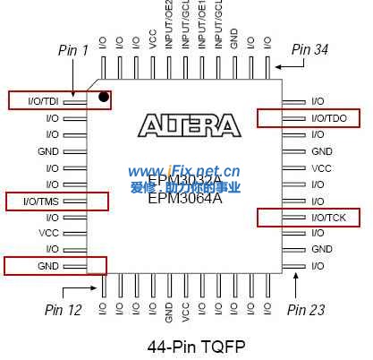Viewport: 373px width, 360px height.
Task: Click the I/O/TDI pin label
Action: (x=44, y=101)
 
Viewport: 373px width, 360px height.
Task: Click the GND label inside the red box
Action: (x=48, y=265)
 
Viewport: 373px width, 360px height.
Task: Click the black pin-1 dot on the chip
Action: (x=105, y=97)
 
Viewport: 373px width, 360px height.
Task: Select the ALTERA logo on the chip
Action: (x=189, y=124)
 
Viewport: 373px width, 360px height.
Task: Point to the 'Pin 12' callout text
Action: (x=63, y=309)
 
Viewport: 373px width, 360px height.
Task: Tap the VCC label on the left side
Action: (x=48, y=233)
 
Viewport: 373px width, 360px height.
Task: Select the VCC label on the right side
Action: (x=321, y=167)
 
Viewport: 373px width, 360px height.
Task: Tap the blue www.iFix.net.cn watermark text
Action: (x=184, y=171)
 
